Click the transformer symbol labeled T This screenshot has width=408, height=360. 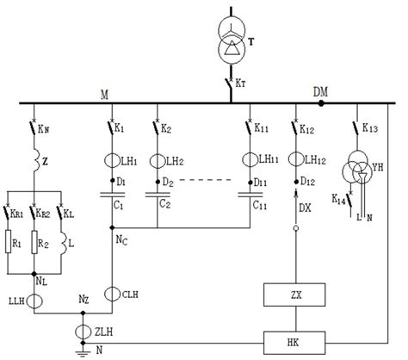coord(231,39)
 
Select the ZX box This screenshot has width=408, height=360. coord(295,296)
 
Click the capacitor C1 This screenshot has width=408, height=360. coord(113,196)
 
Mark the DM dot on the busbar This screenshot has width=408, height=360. coord(320,102)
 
